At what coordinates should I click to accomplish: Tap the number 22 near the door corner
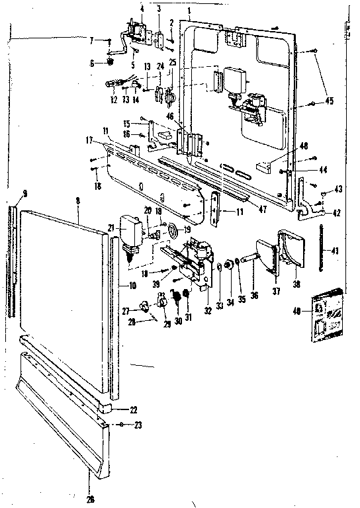coord(133,410)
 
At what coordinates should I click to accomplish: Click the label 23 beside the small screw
coord(138,426)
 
